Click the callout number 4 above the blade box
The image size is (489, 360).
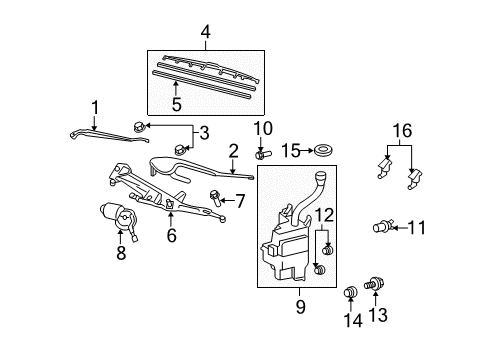206,32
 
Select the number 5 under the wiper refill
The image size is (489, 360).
176,104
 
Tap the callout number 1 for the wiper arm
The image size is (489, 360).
95,108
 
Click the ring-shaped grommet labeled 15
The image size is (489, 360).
323,150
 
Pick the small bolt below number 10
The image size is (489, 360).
263,154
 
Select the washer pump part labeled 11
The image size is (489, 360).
383,227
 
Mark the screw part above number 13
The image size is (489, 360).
375,284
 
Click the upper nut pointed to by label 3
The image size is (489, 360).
139,127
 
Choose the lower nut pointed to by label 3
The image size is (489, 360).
180,149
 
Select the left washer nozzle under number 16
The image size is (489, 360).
384,168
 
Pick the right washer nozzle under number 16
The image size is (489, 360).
414,179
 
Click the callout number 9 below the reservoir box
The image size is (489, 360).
300,306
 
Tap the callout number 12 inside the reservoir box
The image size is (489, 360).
325,215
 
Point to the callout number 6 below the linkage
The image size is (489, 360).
171,235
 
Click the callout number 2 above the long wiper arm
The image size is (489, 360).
234,151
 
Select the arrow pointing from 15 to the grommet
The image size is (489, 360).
307,151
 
